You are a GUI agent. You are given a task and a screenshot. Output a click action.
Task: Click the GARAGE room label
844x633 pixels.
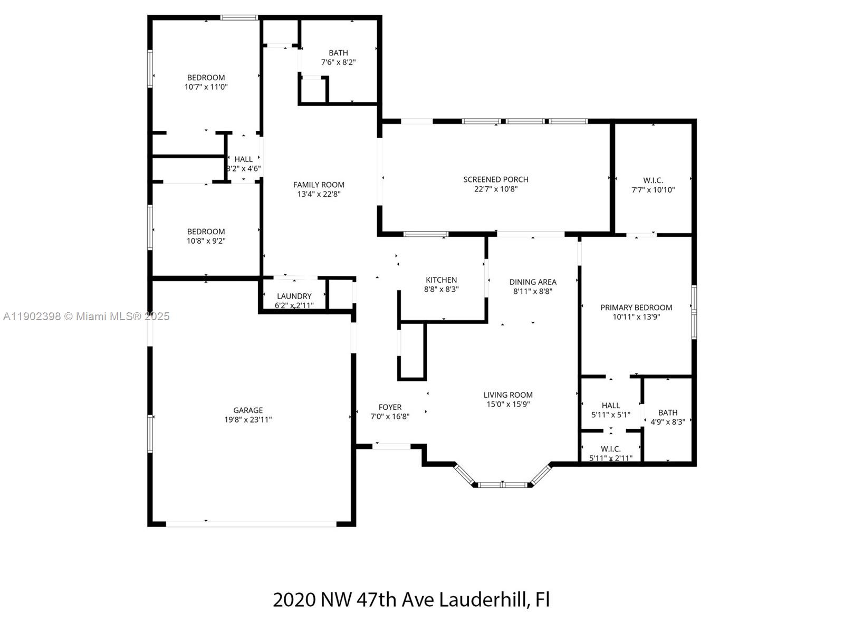[x=248, y=410]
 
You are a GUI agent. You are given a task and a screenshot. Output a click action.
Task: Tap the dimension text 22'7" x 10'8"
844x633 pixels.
[x=496, y=189]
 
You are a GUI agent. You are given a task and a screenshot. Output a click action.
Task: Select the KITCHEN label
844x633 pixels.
[x=442, y=280]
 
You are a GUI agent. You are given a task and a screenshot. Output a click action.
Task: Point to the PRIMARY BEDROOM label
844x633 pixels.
[x=636, y=308]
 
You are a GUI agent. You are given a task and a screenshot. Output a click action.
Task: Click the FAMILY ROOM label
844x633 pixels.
[x=319, y=185]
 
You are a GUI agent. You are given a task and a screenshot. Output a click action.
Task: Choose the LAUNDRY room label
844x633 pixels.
[x=294, y=296]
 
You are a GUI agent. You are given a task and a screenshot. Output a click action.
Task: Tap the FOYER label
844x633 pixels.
[x=390, y=407]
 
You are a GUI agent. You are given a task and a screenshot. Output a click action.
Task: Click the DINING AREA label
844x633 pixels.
[x=533, y=282]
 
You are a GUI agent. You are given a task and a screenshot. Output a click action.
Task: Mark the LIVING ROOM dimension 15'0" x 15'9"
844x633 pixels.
[x=508, y=404]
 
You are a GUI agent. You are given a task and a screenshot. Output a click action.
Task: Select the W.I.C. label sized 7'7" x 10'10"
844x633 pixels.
[x=653, y=180]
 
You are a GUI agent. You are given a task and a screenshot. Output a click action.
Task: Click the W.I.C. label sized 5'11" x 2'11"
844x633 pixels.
[x=611, y=449]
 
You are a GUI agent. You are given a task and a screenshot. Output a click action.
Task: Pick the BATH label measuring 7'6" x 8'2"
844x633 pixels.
[x=338, y=53]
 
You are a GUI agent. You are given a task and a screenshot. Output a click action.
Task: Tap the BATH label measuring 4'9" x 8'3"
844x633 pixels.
[x=668, y=413]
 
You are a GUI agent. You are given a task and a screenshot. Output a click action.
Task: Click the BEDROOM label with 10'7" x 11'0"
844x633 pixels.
[x=206, y=78]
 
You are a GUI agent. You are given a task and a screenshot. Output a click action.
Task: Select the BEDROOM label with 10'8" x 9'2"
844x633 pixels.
[x=206, y=232]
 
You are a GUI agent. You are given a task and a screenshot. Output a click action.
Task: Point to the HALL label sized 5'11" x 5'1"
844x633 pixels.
[x=611, y=405]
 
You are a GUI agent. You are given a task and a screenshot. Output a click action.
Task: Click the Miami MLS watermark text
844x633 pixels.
[x=87, y=316]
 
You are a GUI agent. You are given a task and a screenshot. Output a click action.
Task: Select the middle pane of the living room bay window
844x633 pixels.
[x=502, y=484]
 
